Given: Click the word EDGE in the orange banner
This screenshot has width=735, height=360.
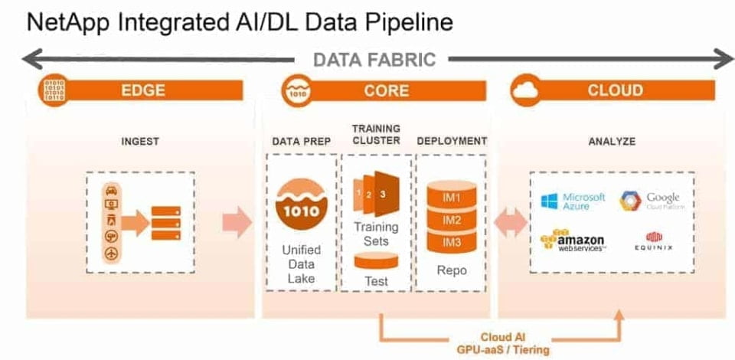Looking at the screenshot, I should [143, 90].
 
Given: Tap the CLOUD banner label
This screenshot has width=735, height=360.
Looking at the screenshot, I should [615, 90].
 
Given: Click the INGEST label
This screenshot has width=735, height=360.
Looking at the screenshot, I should [141, 142].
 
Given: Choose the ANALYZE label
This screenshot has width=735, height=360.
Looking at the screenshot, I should [612, 142].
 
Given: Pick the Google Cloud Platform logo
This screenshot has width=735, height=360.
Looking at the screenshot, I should [650, 201].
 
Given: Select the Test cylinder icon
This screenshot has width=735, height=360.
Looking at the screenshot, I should [376, 263].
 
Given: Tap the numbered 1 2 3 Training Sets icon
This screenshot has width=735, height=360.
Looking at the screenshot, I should [374, 195].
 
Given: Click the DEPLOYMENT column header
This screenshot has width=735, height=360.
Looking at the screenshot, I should [452, 141].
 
